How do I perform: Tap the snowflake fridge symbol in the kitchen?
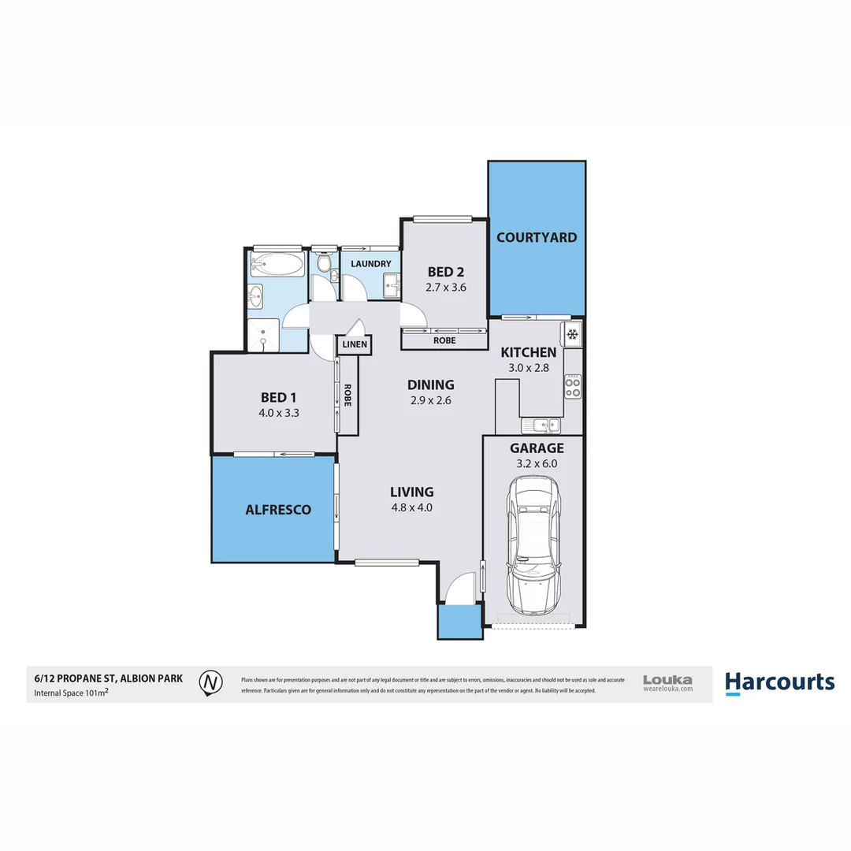pyautogui.click(x=573, y=334)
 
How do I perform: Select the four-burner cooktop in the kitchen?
pyautogui.click(x=573, y=387)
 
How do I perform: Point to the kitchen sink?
pyautogui.click(x=544, y=425)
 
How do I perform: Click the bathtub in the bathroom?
pyautogui.click(x=277, y=264)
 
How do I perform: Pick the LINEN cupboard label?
pyautogui.click(x=354, y=344)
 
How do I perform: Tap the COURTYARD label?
pyautogui.click(x=536, y=237)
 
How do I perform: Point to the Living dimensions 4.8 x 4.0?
pyautogui.click(x=412, y=507)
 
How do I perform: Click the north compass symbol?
pyautogui.click(x=210, y=683)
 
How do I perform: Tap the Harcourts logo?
pyautogui.click(x=779, y=682)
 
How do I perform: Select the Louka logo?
pyautogui.click(x=667, y=682)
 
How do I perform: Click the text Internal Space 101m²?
pyautogui.click(x=71, y=693)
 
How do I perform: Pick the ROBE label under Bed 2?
pyautogui.click(x=444, y=341)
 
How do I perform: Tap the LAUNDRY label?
pyautogui.click(x=371, y=264)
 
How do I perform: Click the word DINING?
pyautogui.click(x=430, y=385)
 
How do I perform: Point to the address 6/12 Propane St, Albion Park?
pyautogui.click(x=108, y=677)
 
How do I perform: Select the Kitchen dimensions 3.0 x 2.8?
pyautogui.click(x=529, y=368)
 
